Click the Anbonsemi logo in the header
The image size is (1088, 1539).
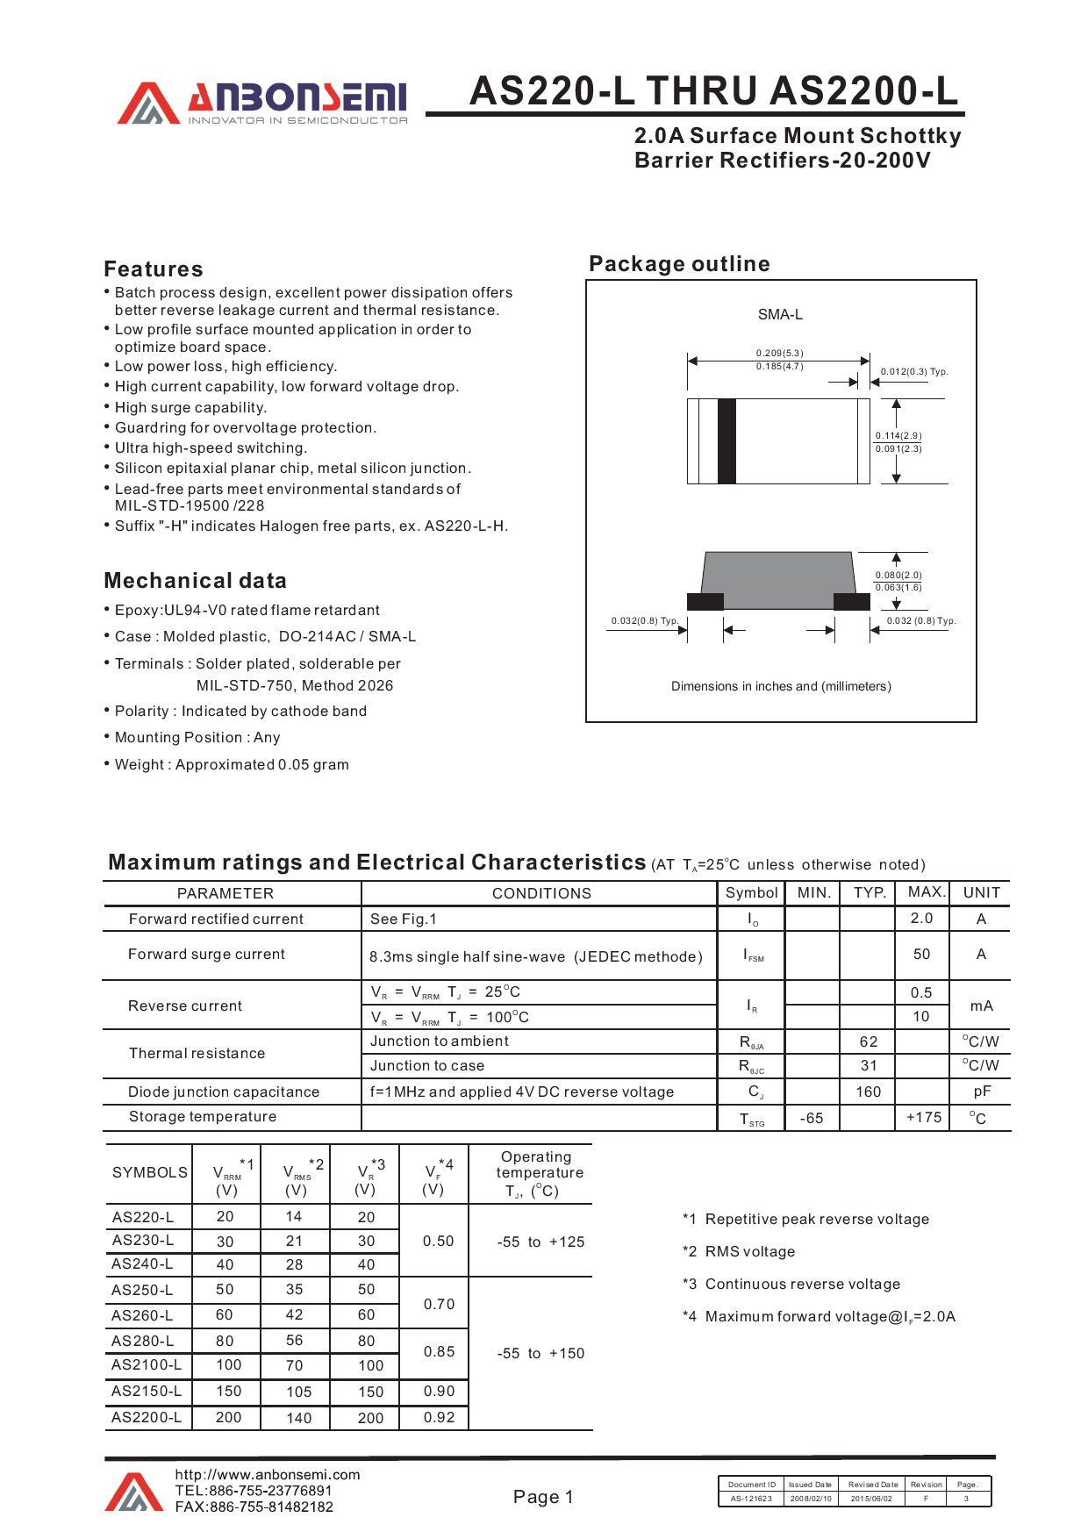click(x=263, y=104)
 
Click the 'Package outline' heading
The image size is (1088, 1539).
click(x=679, y=264)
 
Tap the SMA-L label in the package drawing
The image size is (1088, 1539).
click(x=780, y=314)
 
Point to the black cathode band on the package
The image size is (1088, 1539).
click(x=727, y=440)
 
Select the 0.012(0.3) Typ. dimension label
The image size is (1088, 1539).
click(x=914, y=371)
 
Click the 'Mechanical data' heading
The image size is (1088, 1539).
click(x=195, y=581)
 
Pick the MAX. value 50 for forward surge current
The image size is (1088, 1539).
click(x=921, y=954)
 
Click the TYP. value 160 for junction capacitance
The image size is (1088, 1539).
click(x=868, y=1092)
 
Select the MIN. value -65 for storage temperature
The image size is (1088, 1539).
click(x=812, y=1118)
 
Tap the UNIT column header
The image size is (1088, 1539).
click(x=981, y=892)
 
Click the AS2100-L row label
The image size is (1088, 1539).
click(x=147, y=1364)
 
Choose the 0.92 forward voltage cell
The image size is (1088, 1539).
click(x=439, y=1417)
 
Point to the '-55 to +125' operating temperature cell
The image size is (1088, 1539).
click(x=540, y=1242)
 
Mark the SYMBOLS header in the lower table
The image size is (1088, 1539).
click(x=150, y=1172)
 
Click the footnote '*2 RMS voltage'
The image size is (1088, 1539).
click(x=739, y=1251)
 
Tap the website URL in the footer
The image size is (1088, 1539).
click(x=267, y=1475)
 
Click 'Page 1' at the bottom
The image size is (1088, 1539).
click(x=543, y=1497)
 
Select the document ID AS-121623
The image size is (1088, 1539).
click(x=751, y=1499)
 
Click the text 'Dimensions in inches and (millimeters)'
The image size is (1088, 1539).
click(x=781, y=686)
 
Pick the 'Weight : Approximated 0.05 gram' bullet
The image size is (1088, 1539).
click(x=232, y=764)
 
